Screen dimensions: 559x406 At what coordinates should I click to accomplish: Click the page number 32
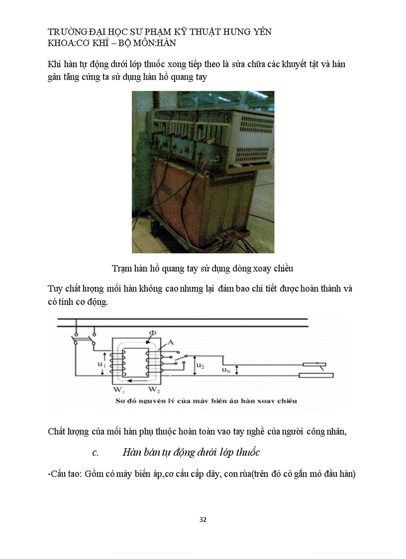tap(203, 520)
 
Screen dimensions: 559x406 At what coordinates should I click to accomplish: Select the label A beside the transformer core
tap(170, 342)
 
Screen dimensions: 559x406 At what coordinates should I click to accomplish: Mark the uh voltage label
tap(226, 370)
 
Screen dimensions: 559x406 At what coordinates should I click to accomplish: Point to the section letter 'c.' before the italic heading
tap(96, 453)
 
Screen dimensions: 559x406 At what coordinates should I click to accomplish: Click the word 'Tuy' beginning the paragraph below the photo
tap(55, 289)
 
